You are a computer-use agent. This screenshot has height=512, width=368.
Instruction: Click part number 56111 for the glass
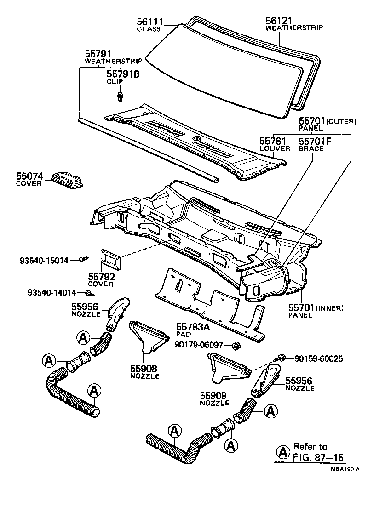(148, 22)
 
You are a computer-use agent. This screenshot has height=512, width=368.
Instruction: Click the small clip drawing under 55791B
(120, 96)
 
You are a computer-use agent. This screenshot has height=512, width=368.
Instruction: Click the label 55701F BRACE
(312, 144)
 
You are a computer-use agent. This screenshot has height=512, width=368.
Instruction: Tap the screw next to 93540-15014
(83, 260)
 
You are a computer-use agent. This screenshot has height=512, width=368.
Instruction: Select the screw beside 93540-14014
(87, 293)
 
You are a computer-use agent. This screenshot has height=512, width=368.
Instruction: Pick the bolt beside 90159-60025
(282, 357)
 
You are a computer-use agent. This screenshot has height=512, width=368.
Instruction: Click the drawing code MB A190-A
(344, 469)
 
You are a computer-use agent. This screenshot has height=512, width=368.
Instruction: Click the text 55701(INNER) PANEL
(316, 310)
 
